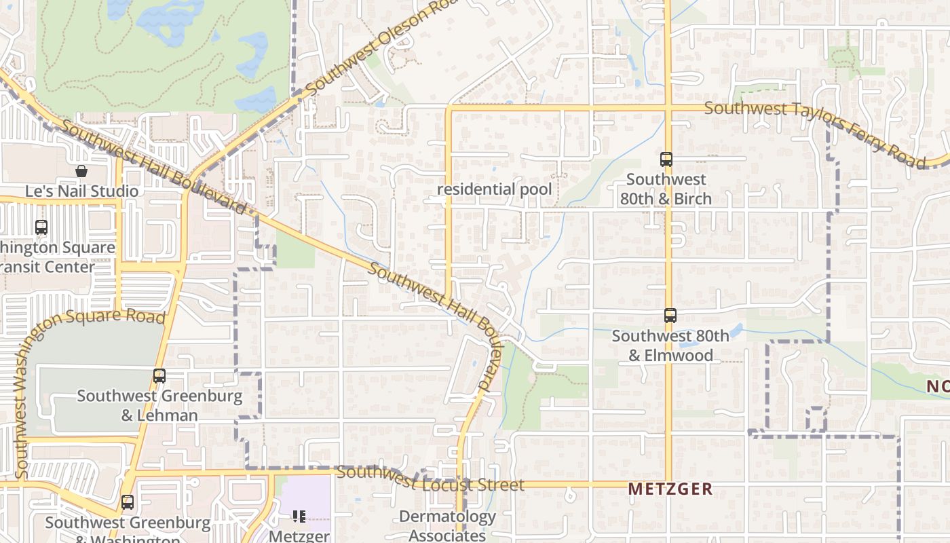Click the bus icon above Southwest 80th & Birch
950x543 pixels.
point(666,160)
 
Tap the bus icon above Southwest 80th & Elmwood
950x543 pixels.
point(670,316)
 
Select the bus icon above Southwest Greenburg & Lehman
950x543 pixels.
point(159,376)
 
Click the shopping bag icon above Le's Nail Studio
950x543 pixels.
point(81,171)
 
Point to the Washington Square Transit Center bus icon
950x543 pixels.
point(41,227)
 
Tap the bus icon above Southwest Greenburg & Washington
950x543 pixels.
point(127,503)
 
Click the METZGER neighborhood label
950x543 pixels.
point(670,489)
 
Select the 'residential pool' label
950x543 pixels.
point(494,189)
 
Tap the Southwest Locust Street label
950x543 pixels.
point(430,479)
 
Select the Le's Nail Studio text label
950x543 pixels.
point(81,191)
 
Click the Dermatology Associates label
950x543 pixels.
point(447,526)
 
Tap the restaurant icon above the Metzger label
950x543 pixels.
point(299,517)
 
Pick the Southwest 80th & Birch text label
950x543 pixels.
point(666,189)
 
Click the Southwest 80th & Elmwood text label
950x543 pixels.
point(670,345)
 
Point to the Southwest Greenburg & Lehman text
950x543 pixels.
point(159,405)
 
